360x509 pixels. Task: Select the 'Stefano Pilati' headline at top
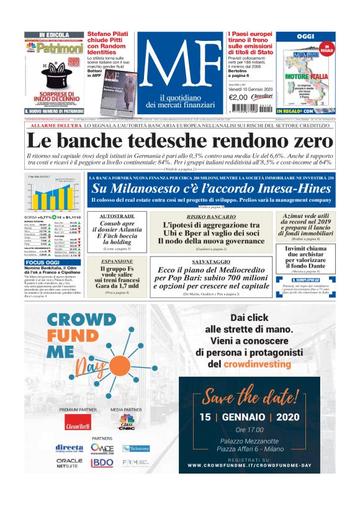click(x=111, y=39)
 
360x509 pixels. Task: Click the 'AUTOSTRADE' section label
click(x=117, y=216)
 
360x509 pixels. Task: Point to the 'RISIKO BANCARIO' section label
click(x=211, y=216)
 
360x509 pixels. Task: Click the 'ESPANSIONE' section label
click(x=117, y=262)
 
